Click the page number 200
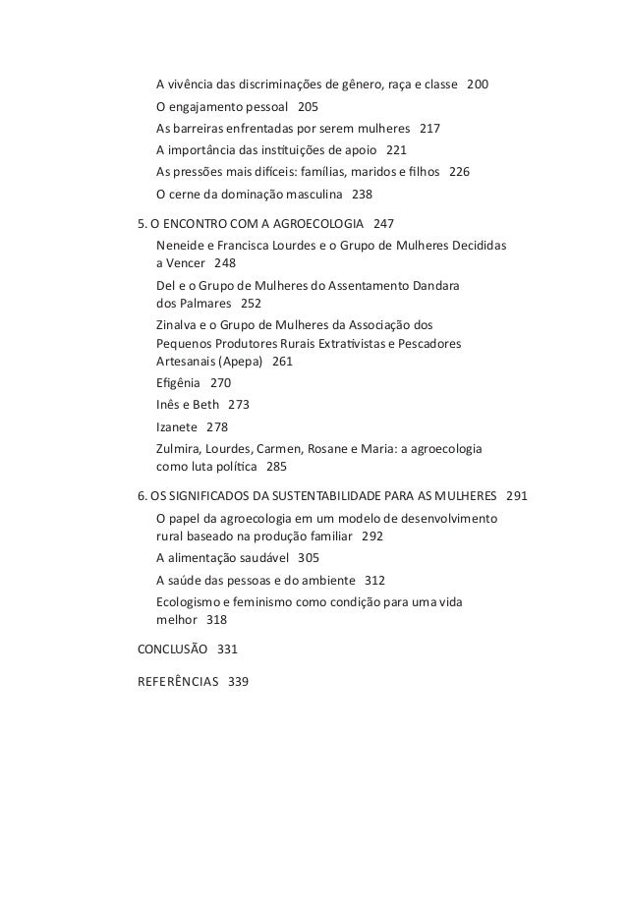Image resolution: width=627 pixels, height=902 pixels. tap(477, 85)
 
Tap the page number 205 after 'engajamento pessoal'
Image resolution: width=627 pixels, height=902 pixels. tap(308, 106)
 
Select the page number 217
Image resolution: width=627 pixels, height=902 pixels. tap(430, 128)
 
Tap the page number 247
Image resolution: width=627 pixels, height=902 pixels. tap(384, 223)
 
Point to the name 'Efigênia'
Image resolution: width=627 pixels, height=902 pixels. tap(178, 383)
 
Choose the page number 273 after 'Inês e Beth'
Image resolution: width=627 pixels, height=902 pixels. tap(239, 405)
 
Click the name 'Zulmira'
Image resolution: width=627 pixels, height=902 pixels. tap(180, 447)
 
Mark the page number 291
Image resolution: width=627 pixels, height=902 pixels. tap(516, 496)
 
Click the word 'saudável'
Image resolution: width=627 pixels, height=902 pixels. tap(260, 558)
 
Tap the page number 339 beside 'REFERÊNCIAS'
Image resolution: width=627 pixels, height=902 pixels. tap(238, 680)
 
